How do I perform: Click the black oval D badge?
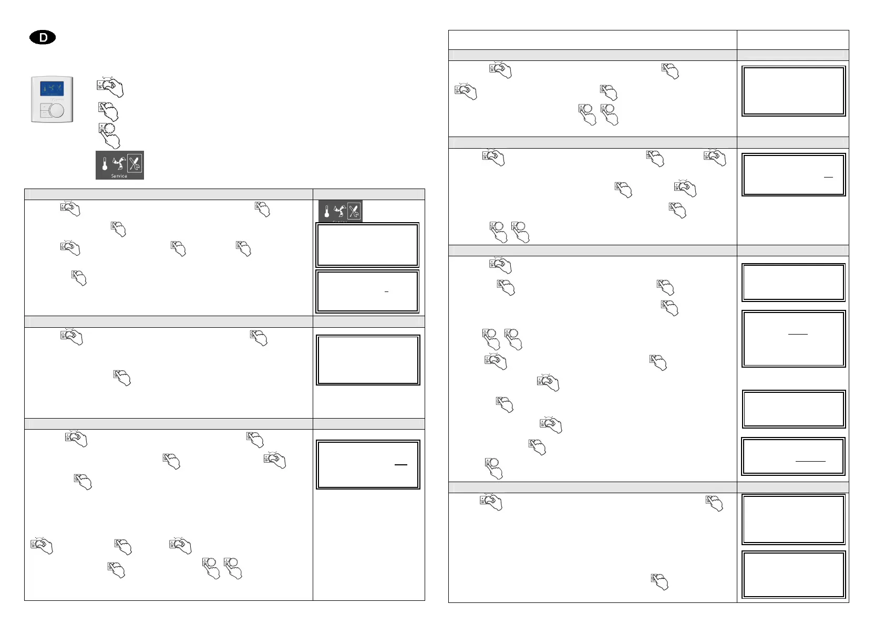pyautogui.click(x=43, y=37)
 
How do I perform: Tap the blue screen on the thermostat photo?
pyautogui.click(x=53, y=88)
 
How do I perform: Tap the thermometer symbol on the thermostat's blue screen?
pyautogui.click(x=45, y=88)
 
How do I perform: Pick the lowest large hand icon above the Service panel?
pyautogui.click(x=109, y=135)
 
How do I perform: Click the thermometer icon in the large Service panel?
pyautogui.click(x=105, y=164)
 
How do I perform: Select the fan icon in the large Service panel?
pyautogui.click(x=119, y=163)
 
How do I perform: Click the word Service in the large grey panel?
pyautogui.click(x=119, y=176)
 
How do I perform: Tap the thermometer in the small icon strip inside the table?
pyautogui.click(x=326, y=212)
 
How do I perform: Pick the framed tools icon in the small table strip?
pyautogui.click(x=354, y=211)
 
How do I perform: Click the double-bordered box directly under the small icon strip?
pyautogui.click(x=367, y=245)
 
